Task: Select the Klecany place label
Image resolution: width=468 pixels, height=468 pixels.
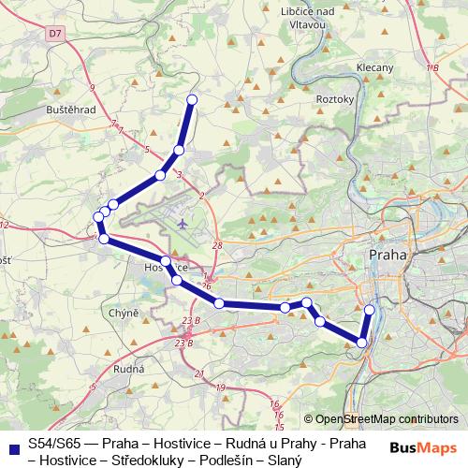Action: pos(374,67)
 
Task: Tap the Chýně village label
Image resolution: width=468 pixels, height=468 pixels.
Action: pos(124,313)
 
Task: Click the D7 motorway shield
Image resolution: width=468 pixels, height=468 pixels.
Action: pos(56,33)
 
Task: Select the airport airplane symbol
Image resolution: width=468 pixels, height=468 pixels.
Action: pos(183,224)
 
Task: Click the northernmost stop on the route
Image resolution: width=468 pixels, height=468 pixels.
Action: pos(192,99)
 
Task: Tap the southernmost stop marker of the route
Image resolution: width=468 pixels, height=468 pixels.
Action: pos(362,343)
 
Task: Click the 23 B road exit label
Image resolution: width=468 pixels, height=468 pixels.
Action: pos(191,321)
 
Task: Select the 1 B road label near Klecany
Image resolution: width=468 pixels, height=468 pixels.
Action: pos(431,68)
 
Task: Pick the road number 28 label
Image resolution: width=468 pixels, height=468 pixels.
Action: pos(217,245)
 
